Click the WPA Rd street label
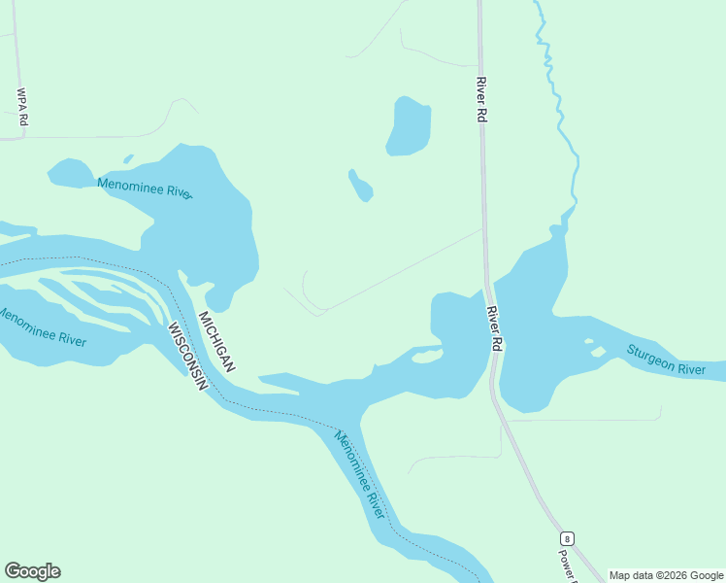pyautogui.click(x=22, y=107)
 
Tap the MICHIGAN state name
pyautogui.click(x=216, y=342)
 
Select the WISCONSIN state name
pyautogui.click(x=188, y=357)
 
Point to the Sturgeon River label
pyautogui.click(x=666, y=360)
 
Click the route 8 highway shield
pyautogui.click(x=567, y=538)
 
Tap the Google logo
pyautogui.click(x=33, y=571)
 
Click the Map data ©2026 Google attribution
pyautogui.click(x=667, y=575)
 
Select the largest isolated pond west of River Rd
pyautogui.click(x=409, y=126)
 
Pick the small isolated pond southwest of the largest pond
pyautogui.click(x=360, y=185)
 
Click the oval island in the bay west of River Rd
pyautogui.click(x=427, y=357)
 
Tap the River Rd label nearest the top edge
pyautogui.click(x=480, y=99)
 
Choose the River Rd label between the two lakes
pyautogui.click(x=495, y=328)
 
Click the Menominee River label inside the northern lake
pyautogui.click(x=145, y=188)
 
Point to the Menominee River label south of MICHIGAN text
pyautogui.click(x=359, y=474)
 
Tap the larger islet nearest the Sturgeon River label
pyautogui.click(x=598, y=352)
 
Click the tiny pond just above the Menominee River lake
pyautogui.click(x=127, y=158)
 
